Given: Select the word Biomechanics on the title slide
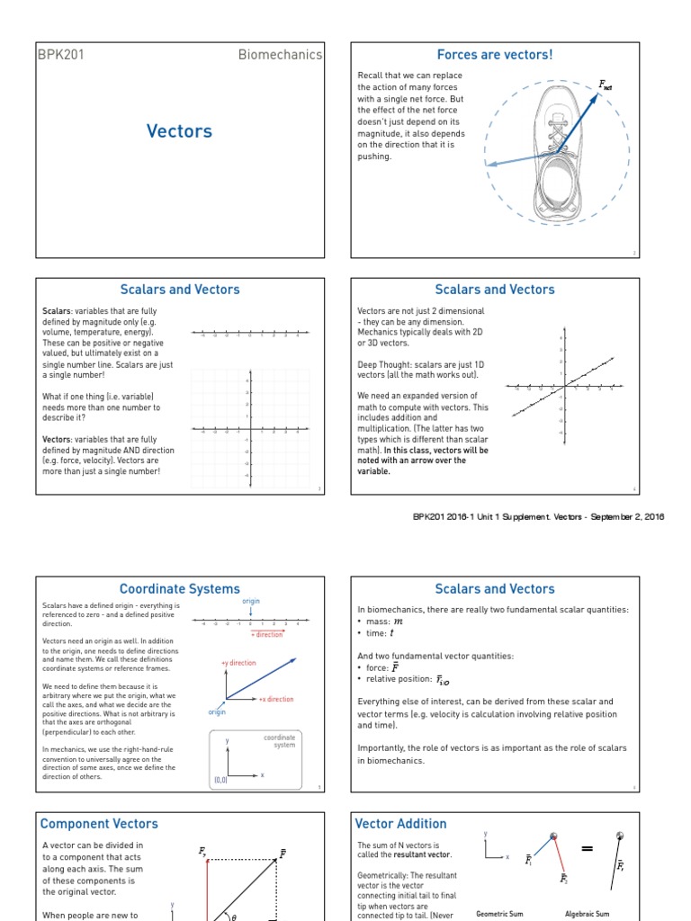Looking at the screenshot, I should (x=279, y=55).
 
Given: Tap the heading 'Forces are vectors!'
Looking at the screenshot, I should (x=495, y=55).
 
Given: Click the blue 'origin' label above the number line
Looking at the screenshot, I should (x=252, y=601).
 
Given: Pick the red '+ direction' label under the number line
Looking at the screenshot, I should (x=266, y=635).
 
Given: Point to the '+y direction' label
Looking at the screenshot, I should (x=238, y=663).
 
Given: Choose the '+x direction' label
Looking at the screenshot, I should (x=275, y=699).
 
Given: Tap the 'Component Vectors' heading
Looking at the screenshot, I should (x=99, y=823).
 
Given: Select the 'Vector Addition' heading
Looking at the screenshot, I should (x=400, y=823).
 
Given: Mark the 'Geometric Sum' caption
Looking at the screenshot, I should (x=499, y=913).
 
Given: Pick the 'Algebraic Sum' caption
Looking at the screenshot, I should (x=587, y=913).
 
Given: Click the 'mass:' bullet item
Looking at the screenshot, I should (x=382, y=621).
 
